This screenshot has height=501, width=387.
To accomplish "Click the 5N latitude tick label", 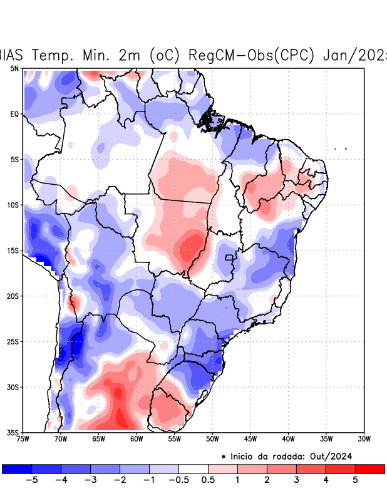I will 14,68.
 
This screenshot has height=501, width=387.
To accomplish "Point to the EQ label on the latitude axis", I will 14,114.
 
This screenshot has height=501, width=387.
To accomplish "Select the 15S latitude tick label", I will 13,250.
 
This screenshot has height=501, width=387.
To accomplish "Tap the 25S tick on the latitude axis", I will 13,341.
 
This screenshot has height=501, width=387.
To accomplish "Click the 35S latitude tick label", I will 13,432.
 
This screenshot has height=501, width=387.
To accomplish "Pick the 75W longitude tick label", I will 23,439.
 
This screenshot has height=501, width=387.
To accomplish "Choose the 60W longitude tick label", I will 137,439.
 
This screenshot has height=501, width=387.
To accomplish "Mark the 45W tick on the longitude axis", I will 250,439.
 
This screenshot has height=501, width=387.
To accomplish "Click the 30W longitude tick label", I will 364,439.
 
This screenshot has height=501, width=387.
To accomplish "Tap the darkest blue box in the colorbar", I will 17,468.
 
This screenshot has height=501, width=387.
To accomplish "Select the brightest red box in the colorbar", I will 369,468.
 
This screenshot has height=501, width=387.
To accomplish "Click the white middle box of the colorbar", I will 194,468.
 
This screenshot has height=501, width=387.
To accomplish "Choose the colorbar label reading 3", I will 296,480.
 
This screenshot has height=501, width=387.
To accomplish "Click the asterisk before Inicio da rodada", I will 224,457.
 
